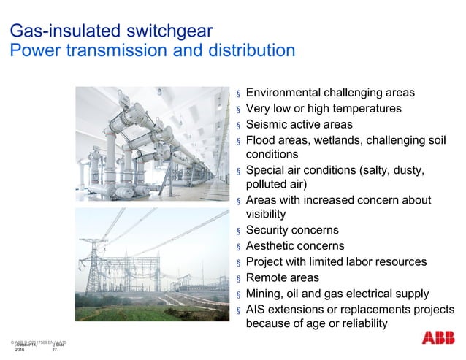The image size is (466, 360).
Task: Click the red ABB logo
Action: click(438, 338)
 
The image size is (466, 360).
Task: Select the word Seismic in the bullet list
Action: click(268, 124)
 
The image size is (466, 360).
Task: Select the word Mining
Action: click(265, 294)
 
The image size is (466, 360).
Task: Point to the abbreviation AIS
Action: click(257, 309)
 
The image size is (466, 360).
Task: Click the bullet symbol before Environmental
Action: click(237, 94)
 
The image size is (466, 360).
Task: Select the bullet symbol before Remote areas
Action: click(237, 279)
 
